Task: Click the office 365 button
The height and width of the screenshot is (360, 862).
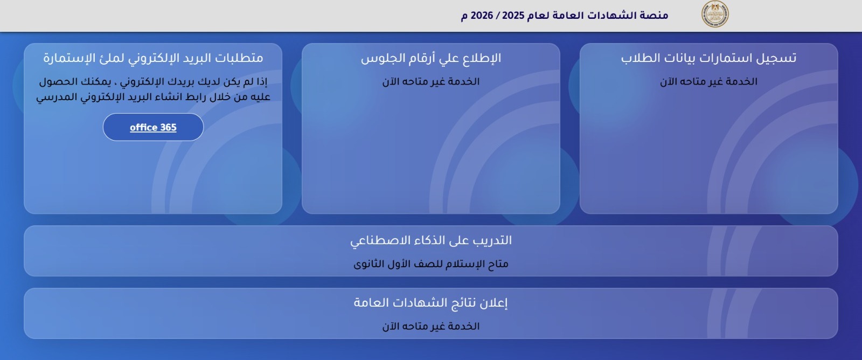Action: click(x=153, y=127)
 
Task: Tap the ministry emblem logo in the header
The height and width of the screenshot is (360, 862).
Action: click(x=715, y=14)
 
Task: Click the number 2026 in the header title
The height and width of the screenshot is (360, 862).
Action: click(x=482, y=16)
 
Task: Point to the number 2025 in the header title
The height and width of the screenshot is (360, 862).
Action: click(x=513, y=16)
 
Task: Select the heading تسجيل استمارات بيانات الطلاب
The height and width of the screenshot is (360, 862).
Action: click(x=708, y=58)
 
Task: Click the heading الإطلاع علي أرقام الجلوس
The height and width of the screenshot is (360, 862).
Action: click(x=431, y=58)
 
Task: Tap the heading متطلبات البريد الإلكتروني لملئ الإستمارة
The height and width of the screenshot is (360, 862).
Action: click(x=153, y=58)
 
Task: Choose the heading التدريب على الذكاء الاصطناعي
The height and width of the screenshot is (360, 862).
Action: click(x=431, y=241)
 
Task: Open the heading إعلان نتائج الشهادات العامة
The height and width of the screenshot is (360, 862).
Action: click(x=431, y=303)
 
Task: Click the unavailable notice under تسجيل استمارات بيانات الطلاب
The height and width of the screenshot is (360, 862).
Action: click(x=708, y=81)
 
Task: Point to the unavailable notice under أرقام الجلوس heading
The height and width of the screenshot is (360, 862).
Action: click(x=431, y=81)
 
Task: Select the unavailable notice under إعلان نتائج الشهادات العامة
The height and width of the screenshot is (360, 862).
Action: click(x=431, y=327)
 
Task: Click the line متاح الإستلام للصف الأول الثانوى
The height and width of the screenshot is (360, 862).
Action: click(x=431, y=264)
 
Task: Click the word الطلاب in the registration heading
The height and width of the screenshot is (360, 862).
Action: click(x=640, y=58)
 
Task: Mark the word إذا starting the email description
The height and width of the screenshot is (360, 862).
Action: click(x=261, y=82)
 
